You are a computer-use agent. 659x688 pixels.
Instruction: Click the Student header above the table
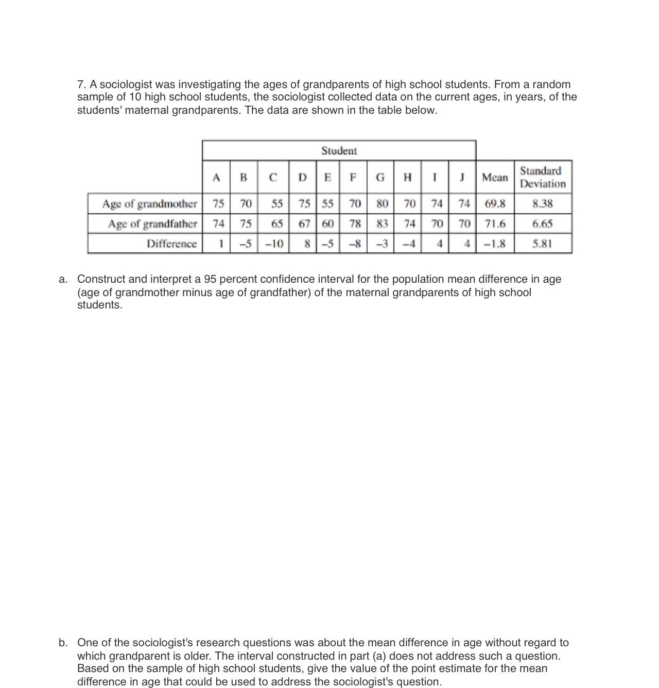click(x=339, y=151)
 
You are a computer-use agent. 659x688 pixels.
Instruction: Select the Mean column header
click(x=494, y=178)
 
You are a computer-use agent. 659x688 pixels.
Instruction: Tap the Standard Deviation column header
click(x=542, y=177)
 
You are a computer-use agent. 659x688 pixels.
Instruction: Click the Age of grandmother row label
click(x=149, y=204)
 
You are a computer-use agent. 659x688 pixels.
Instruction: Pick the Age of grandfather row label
click(x=152, y=224)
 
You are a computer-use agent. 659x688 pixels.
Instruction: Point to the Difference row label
click(x=171, y=244)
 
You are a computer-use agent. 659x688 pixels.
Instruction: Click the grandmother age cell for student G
click(x=381, y=204)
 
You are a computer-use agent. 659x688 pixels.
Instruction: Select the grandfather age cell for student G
click(x=381, y=224)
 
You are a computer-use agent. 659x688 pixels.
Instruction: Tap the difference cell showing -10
click(x=274, y=244)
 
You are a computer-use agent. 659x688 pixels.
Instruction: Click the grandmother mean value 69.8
click(x=495, y=204)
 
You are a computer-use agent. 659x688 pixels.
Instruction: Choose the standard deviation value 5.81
click(x=542, y=244)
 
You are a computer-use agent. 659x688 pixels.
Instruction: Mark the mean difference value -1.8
click(x=495, y=244)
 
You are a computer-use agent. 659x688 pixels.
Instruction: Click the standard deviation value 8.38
click(x=542, y=204)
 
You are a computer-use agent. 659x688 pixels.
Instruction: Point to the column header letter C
click(x=273, y=178)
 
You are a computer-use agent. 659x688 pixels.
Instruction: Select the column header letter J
click(x=462, y=178)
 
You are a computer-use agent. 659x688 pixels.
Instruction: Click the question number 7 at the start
click(x=81, y=84)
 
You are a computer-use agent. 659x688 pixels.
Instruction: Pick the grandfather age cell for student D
click(x=304, y=224)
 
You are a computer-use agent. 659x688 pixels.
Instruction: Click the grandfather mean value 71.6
click(x=495, y=224)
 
